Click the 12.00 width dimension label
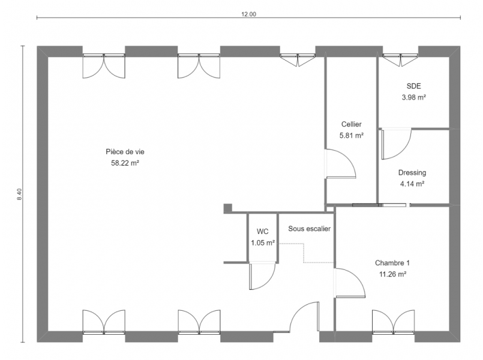[248, 14]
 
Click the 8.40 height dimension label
[19, 194]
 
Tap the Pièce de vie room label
[125, 152]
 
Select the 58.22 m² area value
[125, 163]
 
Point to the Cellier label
[352, 124]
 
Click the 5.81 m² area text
[352, 135]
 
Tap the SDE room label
[413, 86]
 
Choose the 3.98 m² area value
[413, 97]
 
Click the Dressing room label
[412, 173]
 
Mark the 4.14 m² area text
[412, 184]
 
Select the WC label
[262, 232]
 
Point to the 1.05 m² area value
[263, 242]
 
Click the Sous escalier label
[309, 229]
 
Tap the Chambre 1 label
[392, 263]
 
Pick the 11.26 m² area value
[392, 274]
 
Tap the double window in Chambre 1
[393, 322]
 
